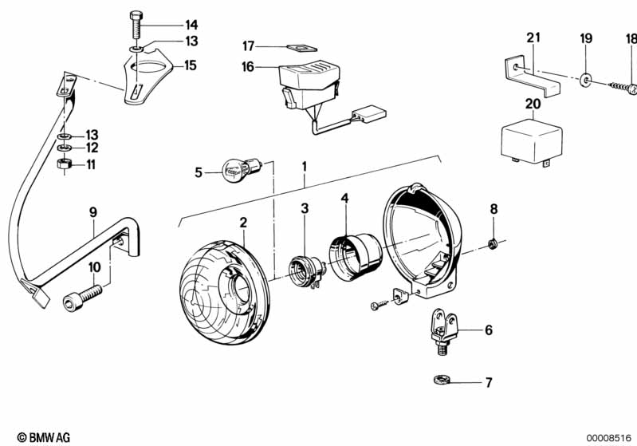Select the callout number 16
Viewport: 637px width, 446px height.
[x=248, y=67]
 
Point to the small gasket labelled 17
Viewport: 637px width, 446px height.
[x=297, y=48]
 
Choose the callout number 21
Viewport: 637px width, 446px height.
[x=533, y=37]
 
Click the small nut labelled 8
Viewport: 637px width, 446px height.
[x=493, y=243]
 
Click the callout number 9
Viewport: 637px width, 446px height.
[x=92, y=212]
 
